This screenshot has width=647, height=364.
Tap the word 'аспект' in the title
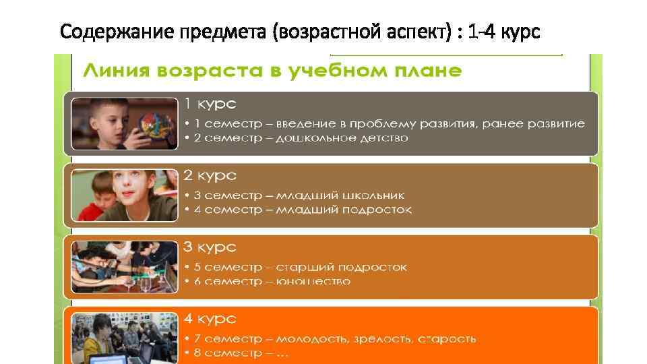(417, 32)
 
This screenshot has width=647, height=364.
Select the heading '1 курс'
(210, 104)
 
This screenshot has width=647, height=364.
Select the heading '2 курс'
(210, 175)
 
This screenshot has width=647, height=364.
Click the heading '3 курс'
(210, 247)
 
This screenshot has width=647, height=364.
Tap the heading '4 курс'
(210, 319)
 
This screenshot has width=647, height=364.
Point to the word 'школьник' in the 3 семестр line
(372, 195)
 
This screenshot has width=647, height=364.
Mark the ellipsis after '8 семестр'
(279, 353)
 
